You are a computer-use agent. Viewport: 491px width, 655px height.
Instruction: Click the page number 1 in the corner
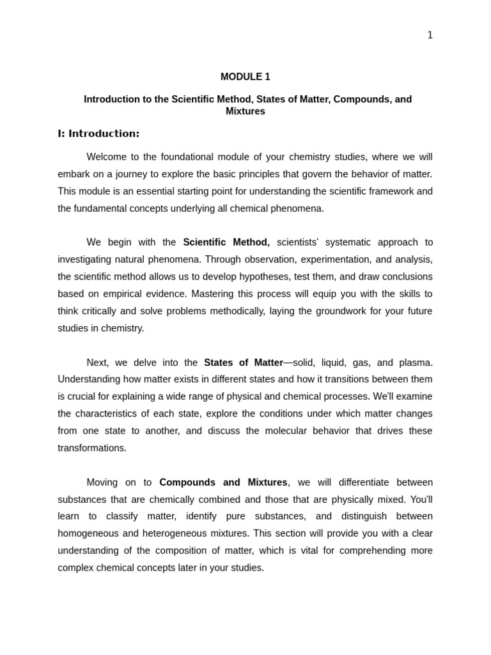430,35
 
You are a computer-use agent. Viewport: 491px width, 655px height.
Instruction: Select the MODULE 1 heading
245,77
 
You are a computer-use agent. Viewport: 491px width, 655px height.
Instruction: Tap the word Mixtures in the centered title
245,111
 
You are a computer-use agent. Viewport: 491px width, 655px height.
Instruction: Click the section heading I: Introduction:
98,134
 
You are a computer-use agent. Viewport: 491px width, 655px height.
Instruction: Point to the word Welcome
106,157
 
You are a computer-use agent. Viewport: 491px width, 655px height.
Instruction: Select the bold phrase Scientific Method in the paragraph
226,242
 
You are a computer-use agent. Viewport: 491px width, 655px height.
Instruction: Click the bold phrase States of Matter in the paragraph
243,363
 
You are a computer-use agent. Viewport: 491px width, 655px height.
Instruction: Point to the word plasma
416,363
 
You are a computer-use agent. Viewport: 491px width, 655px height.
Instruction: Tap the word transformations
92,448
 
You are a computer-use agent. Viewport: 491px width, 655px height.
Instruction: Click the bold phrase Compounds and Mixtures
223,482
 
